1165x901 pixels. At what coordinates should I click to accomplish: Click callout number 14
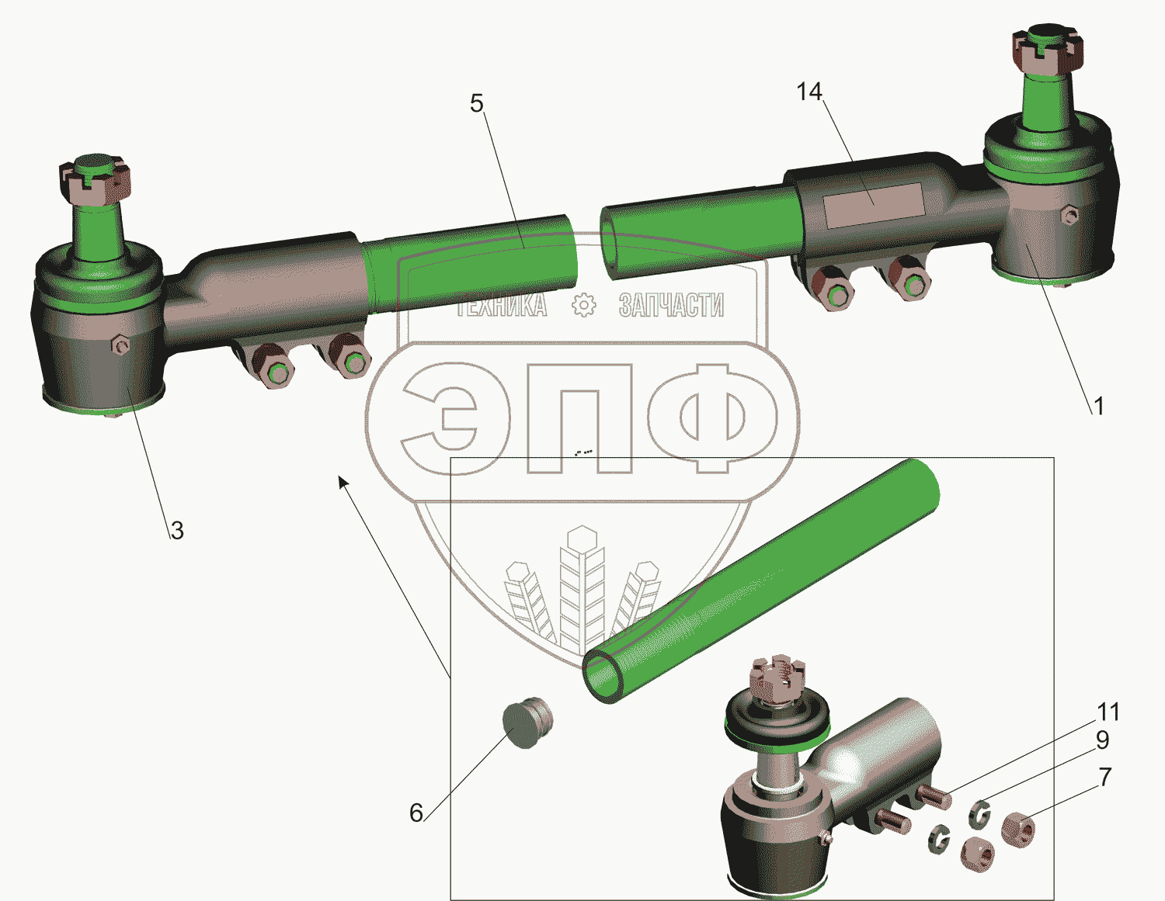pos(809,92)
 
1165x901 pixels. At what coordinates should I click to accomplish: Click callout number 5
pos(477,103)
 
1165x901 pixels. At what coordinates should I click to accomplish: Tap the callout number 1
pos(1098,407)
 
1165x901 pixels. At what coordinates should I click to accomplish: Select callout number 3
pos(177,530)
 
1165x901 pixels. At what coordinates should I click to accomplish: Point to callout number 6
pos(416,813)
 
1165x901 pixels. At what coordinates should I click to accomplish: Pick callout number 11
pos(1108,712)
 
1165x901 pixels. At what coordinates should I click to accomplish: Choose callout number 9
pos(1102,740)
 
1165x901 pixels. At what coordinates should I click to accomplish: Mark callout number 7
pos(1104,778)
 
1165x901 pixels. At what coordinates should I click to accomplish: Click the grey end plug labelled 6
pos(527,723)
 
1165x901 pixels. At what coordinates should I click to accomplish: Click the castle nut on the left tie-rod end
pos(94,183)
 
